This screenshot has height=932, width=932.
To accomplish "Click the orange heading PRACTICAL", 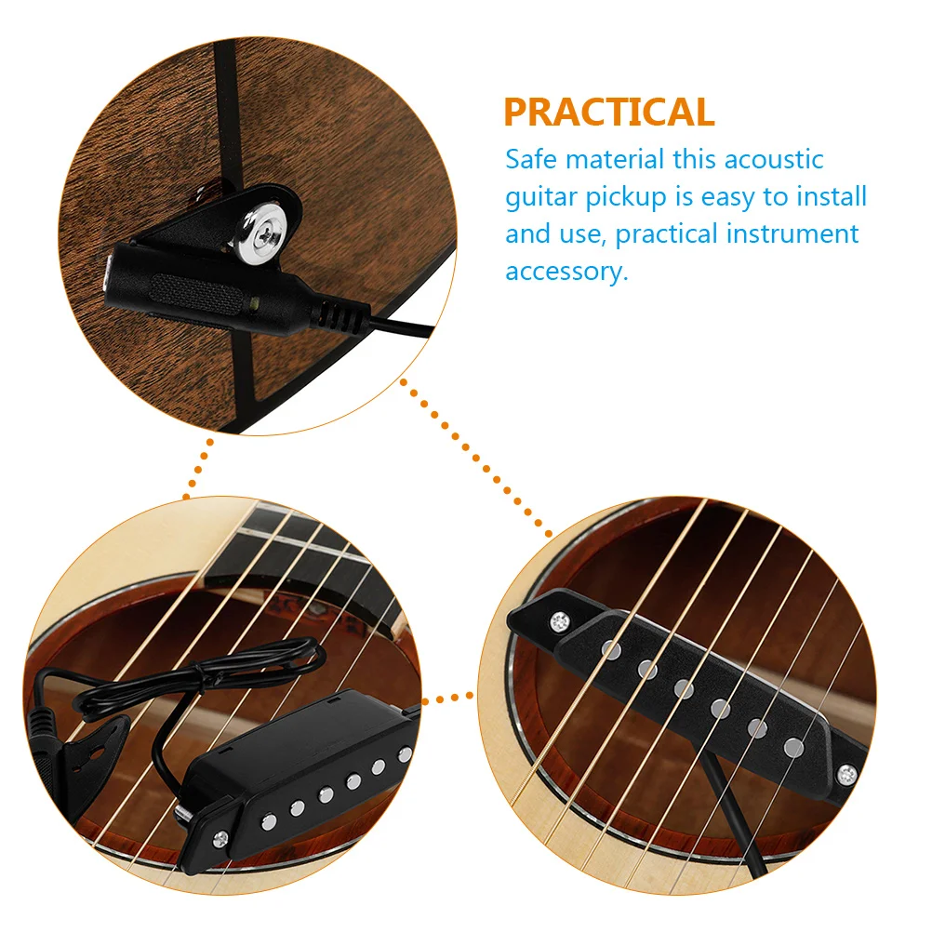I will coord(609,112).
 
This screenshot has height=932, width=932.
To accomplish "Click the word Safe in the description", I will coord(532,159).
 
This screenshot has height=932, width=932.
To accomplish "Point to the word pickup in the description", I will coord(629,198).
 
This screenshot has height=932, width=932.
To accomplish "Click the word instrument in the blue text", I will coord(792,233).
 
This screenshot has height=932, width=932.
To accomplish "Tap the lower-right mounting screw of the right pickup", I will coord(847,771).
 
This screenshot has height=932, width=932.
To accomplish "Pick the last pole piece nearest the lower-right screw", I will coord(793,745).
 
